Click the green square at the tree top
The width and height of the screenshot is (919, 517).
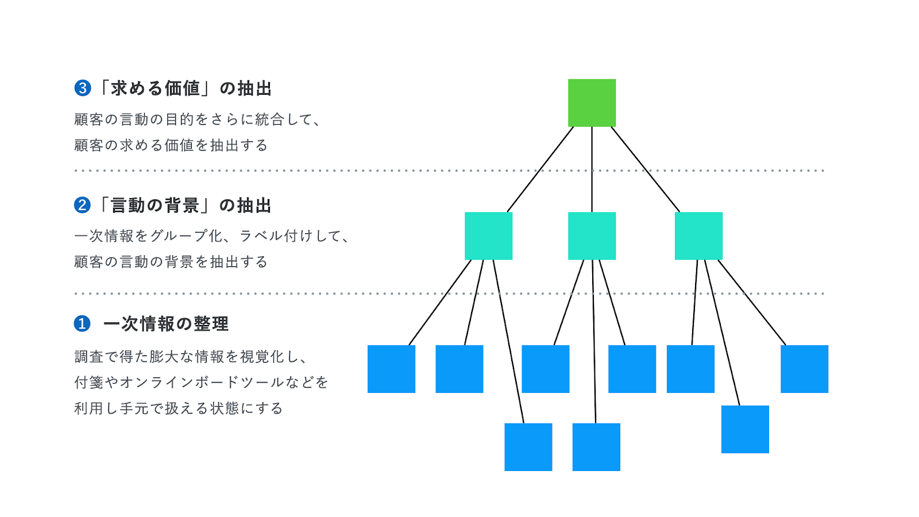pyautogui.click(x=592, y=103)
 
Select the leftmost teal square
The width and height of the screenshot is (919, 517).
pyautogui.click(x=488, y=236)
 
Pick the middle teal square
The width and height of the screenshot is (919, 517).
pyautogui.click(x=592, y=236)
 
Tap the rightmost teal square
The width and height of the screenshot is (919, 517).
pyautogui.click(x=698, y=236)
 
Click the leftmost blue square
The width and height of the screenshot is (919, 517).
pyautogui.click(x=391, y=369)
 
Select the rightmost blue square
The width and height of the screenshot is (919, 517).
pyautogui.click(x=804, y=369)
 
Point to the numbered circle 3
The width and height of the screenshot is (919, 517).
pyautogui.click(x=83, y=88)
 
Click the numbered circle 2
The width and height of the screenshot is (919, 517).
pyautogui.click(x=82, y=205)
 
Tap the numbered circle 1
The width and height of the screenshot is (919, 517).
pyautogui.click(x=82, y=323)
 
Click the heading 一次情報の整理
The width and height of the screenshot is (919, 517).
pyautogui.click(x=166, y=324)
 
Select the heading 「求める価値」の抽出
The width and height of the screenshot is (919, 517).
pyautogui.click(x=185, y=88)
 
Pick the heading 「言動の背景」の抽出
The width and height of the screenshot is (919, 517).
pyautogui.click(x=185, y=205)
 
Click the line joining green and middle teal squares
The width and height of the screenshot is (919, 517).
pyautogui.click(x=592, y=169)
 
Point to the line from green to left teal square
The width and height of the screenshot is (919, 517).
pyautogui.click(x=540, y=169)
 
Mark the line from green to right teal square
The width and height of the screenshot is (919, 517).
pyautogui.click(x=646, y=169)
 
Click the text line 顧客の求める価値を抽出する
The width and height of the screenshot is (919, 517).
pyautogui.click(x=171, y=145)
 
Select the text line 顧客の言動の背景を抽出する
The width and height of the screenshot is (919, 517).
pyautogui.click(x=171, y=262)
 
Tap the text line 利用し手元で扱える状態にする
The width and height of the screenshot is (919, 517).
pyautogui.click(x=179, y=408)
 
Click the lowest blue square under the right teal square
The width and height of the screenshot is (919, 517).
pyautogui.click(x=745, y=429)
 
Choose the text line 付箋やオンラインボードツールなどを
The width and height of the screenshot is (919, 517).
pyautogui.click(x=201, y=383)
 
